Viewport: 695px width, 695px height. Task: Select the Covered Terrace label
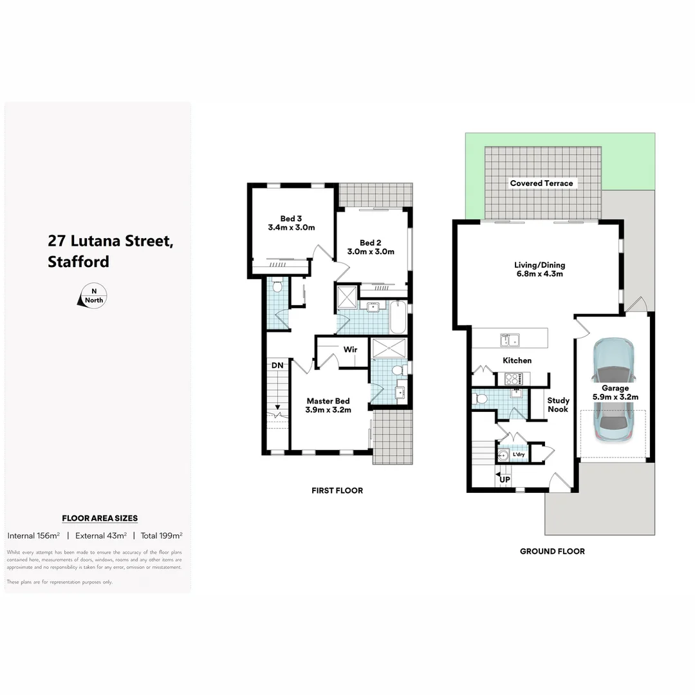541,183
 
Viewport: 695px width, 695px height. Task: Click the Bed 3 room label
291,218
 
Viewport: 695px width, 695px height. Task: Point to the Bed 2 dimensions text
371,252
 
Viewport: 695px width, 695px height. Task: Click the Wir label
350,349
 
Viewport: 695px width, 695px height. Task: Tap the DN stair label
277,366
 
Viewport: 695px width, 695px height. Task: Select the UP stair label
505,480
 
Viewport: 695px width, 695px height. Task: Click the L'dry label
518,455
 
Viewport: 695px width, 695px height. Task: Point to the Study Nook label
558,405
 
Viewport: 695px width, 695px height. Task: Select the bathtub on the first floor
398,317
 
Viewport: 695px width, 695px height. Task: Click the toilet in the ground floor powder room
480,399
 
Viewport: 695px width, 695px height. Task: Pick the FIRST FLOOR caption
337,490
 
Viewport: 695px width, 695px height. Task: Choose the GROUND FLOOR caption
552,551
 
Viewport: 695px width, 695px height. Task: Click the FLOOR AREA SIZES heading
100,518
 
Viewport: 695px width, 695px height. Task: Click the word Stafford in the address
79,262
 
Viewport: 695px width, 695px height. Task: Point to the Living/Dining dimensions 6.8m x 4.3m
539,273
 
